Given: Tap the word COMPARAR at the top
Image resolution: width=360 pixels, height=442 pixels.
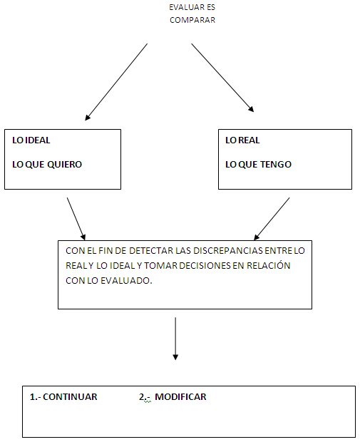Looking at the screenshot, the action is [192, 20].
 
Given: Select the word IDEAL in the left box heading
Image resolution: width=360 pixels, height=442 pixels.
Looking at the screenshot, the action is [38, 140].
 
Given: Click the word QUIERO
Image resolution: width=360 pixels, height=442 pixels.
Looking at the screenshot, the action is [64, 165].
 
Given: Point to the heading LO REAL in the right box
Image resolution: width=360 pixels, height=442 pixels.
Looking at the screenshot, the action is [242, 140].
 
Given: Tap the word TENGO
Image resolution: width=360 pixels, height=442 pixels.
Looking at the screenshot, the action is [276, 165].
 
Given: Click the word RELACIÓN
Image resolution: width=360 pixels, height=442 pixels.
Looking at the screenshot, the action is [269, 265].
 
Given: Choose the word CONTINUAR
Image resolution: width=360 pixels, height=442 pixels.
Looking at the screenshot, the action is [70, 397].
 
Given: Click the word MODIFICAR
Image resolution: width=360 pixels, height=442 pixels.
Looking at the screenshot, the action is [180, 397].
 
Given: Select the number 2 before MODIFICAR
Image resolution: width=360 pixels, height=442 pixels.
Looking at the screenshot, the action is [142, 397].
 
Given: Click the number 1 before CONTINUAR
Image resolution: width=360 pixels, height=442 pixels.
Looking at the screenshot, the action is [32, 397].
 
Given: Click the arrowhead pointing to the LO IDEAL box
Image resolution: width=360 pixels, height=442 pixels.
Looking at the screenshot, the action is [88, 117].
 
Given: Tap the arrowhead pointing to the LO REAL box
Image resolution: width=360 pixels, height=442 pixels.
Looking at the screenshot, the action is [251, 109].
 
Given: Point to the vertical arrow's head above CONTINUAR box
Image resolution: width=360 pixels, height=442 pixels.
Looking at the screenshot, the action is [175, 357].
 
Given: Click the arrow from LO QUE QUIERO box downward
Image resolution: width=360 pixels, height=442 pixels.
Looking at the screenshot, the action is [76, 219].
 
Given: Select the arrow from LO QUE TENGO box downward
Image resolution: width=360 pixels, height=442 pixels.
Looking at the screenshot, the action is [272, 219].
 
